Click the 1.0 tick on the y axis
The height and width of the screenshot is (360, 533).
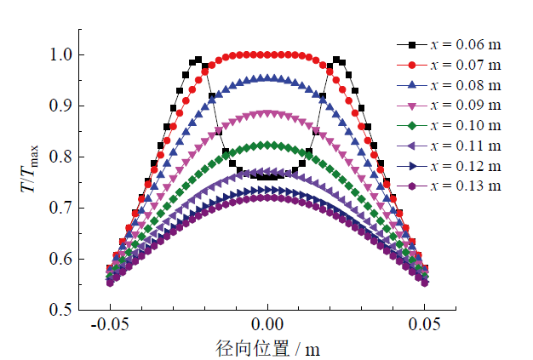pos(60,55)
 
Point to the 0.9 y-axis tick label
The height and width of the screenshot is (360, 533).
pos(60,106)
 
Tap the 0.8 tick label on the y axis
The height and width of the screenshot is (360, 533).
pos(60,157)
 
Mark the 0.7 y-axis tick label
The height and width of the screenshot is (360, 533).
pos(60,209)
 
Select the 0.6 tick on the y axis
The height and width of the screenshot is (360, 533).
pos(60,260)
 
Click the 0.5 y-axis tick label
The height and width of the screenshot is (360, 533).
pos(60,311)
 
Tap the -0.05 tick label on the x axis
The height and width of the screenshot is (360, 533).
pos(108,324)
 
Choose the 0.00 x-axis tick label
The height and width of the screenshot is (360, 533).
pos(267,324)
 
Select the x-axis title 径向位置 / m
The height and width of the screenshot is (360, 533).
pos(267,347)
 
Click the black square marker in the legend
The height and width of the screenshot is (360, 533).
pos(412,44)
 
